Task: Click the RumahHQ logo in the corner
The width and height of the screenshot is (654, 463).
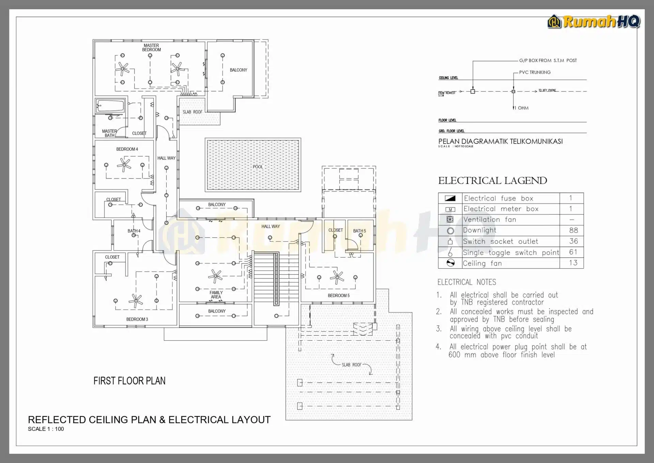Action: (594, 21)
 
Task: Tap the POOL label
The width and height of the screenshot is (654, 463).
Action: (258, 167)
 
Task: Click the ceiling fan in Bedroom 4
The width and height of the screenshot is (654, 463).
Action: (124, 165)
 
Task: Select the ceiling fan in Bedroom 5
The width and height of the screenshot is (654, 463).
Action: (337, 277)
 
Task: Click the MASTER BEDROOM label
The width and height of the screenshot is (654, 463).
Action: (151, 47)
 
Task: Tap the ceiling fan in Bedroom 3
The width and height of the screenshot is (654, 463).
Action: (136, 300)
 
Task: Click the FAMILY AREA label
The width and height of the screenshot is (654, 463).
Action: (216, 295)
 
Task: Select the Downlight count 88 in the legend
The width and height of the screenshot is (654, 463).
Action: (573, 230)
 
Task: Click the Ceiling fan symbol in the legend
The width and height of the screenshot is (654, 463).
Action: (450, 263)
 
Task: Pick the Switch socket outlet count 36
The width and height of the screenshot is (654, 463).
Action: (573, 241)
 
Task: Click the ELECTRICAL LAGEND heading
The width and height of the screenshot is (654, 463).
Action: (492, 181)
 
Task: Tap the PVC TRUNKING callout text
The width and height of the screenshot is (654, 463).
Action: (534, 72)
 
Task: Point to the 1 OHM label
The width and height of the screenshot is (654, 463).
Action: (523, 108)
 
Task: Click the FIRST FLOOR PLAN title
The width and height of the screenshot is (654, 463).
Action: (129, 381)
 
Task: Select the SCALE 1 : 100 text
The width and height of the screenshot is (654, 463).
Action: (46, 429)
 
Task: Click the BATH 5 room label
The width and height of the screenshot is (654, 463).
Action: (359, 231)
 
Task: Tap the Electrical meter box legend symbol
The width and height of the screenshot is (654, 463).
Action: (450, 209)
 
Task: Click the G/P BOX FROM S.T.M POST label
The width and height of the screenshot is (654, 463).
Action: (548, 60)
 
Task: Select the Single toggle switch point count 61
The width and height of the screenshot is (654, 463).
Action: (573, 252)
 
